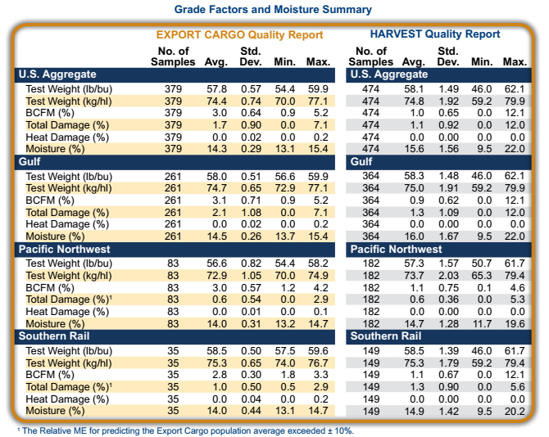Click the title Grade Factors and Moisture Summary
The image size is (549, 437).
(x=274, y=9)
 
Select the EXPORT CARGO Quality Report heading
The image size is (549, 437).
(x=240, y=34)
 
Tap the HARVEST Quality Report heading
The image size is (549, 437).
(x=434, y=34)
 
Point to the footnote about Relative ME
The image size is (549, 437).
(x=184, y=430)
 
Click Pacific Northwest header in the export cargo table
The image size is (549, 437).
(x=66, y=249)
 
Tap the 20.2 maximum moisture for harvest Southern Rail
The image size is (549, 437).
(x=515, y=410)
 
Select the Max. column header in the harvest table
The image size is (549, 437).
(x=515, y=61)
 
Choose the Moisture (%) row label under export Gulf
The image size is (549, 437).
(x=56, y=236)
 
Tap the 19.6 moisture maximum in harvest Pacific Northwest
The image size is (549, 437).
(x=515, y=322)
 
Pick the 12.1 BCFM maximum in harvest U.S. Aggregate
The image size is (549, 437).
(x=515, y=112)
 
